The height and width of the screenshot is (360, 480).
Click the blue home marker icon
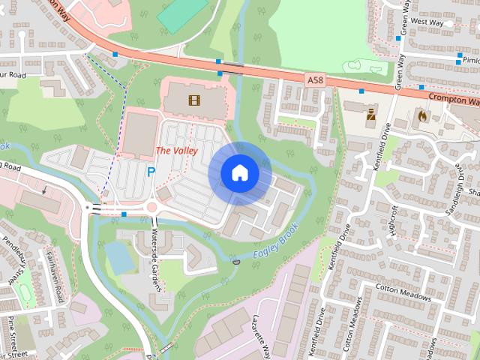pos(239,173)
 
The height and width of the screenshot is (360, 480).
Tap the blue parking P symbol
pos(151,172)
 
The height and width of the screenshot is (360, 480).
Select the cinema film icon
pos(195,100)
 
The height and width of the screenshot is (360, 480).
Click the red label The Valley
pos(176,151)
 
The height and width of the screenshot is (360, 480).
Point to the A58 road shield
pos(315,78)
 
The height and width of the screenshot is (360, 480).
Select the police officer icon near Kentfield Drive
pos(370,116)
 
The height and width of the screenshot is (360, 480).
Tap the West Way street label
pos(427,23)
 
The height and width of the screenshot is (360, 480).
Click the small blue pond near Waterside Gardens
pos(118,258)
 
